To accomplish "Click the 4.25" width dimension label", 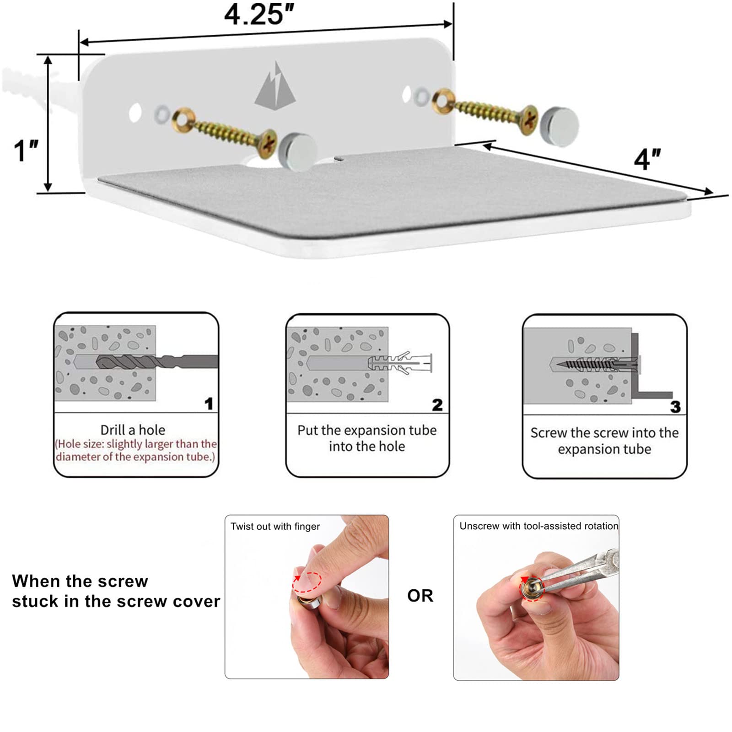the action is [x=259, y=14].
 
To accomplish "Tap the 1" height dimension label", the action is [x=26, y=151].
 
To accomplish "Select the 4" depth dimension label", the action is [x=647, y=159].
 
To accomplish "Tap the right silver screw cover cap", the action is [x=559, y=127].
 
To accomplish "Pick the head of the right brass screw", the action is [x=529, y=120].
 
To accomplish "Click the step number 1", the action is [x=209, y=404].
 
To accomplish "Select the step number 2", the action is [x=437, y=405].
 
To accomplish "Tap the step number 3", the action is [x=675, y=407].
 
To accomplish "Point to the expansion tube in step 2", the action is [x=400, y=363].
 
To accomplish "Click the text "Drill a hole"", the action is [x=133, y=430].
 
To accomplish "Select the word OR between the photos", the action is [x=420, y=596].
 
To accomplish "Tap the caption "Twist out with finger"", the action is [x=275, y=527].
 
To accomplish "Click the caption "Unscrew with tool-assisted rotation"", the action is [x=539, y=526].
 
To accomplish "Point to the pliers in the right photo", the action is [x=581, y=570].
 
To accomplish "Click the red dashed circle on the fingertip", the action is [x=307, y=582].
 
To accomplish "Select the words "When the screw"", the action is [x=80, y=581].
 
